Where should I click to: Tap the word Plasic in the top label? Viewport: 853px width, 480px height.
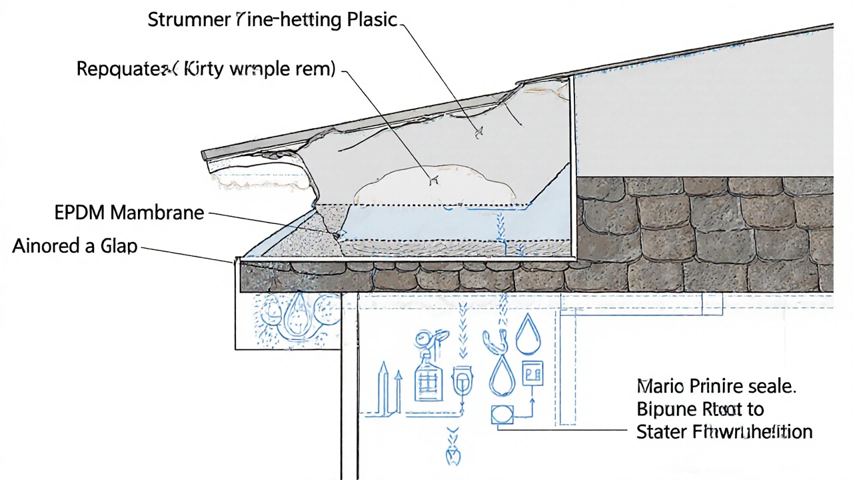[372, 20]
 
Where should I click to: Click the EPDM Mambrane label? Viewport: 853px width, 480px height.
[129, 213]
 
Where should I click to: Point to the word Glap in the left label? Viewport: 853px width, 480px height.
[119, 246]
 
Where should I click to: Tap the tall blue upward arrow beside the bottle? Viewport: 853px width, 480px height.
[383, 387]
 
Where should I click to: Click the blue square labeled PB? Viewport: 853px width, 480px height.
[532, 373]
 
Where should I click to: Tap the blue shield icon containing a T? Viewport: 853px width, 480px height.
[461, 384]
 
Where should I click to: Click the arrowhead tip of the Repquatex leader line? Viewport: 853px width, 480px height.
[434, 181]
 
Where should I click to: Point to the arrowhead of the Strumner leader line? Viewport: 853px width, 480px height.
[478, 134]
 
